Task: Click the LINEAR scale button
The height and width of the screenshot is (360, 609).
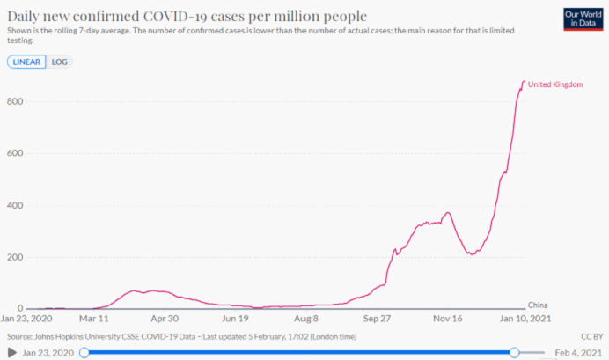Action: tap(27, 62)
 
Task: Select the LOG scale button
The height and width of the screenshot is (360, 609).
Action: tap(60, 62)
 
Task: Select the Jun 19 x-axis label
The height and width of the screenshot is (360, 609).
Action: tap(237, 320)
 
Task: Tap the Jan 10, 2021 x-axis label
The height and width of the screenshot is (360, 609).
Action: tap(525, 320)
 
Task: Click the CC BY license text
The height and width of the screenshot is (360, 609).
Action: tap(589, 336)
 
